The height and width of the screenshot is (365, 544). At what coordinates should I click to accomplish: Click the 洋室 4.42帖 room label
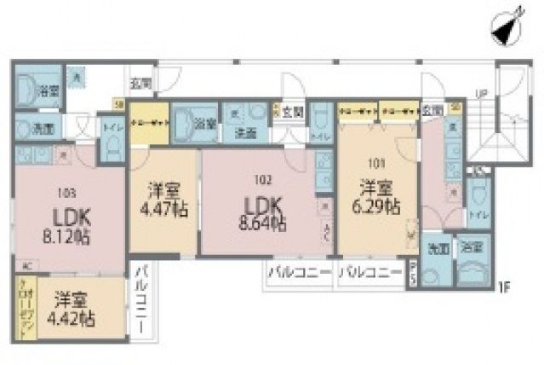click(x=76, y=309)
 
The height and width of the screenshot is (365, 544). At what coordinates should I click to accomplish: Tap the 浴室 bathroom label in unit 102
click(x=203, y=123)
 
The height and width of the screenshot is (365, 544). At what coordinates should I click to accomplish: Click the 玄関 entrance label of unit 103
click(x=140, y=84)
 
